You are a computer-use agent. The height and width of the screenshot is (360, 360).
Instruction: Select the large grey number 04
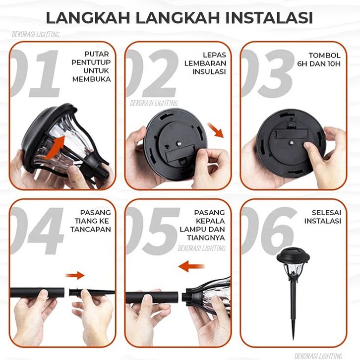[x=37, y=231]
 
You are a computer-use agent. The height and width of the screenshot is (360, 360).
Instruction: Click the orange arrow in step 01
[x=55, y=147]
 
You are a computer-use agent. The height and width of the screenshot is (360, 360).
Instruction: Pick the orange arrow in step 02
[x=215, y=130]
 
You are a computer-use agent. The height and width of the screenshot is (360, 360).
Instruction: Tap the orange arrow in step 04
[x=75, y=275]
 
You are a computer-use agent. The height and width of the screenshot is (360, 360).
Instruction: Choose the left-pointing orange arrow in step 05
[x=191, y=266]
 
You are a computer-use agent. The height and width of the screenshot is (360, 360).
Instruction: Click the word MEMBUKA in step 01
[x=91, y=79]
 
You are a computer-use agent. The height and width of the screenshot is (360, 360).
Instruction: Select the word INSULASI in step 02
[x=209, y=71]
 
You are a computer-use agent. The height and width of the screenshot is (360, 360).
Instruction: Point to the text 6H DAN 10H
[x=319, y=64]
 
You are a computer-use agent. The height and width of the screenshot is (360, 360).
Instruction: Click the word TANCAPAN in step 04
[x=90, y=229]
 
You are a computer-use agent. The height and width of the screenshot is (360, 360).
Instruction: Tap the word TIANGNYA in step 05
[x=206, y=238]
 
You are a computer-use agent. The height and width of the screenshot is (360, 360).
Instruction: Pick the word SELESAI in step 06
[x=326, y=213]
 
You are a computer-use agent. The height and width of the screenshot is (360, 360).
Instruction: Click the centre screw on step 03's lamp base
[x=291, y=142]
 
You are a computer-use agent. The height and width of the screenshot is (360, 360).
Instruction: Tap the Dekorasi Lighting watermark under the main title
[x=36, y=34]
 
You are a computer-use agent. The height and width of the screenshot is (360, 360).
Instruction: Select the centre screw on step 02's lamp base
[x=179, y=144]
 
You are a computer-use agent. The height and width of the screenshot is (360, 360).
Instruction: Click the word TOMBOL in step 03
[x=324, y=56]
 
